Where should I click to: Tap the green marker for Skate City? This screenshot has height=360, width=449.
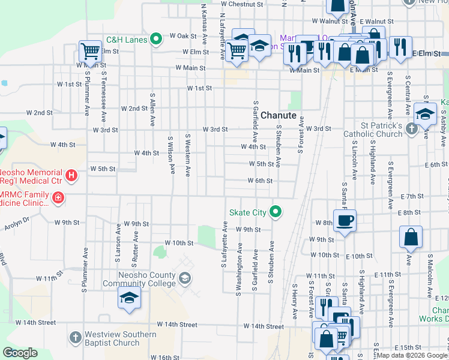(x=276, y=211)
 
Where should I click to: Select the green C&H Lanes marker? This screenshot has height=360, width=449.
(x=156, y=40)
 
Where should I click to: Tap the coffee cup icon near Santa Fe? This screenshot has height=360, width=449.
(x=345, y=221)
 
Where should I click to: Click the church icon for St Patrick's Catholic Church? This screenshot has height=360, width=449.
(x=411, y=128)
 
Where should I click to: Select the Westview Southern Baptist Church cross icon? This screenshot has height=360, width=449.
(x=74, y=338)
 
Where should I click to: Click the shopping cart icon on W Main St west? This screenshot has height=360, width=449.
(x=90, y=51)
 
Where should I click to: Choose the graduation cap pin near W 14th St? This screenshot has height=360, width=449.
(x=129, y=298)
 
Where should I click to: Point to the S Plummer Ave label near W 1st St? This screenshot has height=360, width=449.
(x=87, y=94)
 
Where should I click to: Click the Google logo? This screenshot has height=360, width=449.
(x=20, y=353)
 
